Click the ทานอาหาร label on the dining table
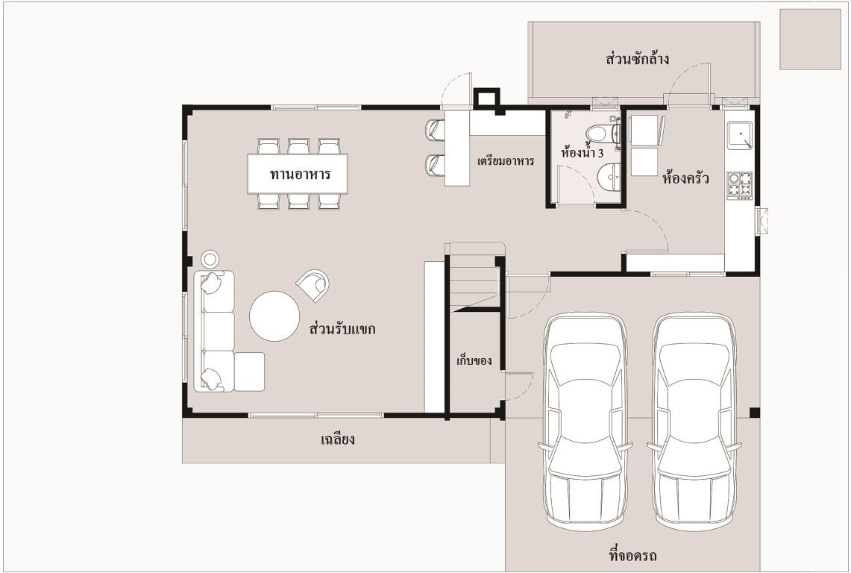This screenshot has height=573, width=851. click(300, 175)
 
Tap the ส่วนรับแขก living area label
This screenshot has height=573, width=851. click(342, 329)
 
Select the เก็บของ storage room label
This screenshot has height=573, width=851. click(474, 360)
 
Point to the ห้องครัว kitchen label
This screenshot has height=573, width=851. click(685, 178)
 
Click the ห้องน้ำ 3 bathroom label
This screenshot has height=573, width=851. click(582, 153)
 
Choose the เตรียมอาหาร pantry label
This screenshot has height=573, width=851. click(506, 161)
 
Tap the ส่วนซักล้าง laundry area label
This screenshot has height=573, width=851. click(637, 58)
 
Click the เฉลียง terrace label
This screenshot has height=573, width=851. click(338, 439)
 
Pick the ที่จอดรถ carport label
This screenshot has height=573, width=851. click(633, 556)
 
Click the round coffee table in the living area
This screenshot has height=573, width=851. click(274, 316)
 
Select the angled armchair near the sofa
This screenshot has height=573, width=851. click(314, 285)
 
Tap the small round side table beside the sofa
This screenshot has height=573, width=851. click(210, 259)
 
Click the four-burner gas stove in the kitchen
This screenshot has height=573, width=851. click(740, 185)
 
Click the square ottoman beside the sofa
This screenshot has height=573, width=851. click(250, 372)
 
